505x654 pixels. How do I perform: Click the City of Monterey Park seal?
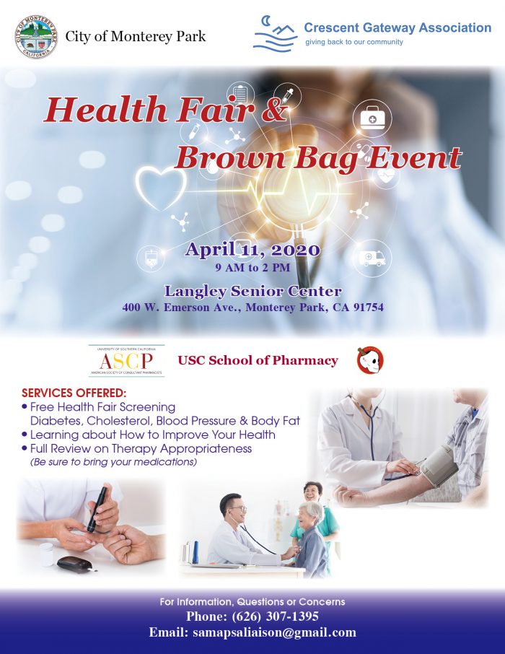(x=36, y=36)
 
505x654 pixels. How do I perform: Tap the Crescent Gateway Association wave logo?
(x=275, y=34)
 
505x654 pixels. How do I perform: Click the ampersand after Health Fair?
(x=276, y=111)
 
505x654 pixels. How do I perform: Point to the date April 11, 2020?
(x=252, y=250)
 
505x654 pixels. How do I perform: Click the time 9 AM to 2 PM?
(x=252, y=267)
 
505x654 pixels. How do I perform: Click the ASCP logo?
(x=126, y=360)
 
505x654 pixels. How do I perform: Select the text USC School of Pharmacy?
(x=258, y=360)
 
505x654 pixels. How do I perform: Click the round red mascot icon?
(x=370, y=360)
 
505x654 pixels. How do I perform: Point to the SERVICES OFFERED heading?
(x=74, y=394)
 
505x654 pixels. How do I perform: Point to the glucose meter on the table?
(x=74, y=562)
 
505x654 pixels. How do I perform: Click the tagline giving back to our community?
(x=353, y=42)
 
